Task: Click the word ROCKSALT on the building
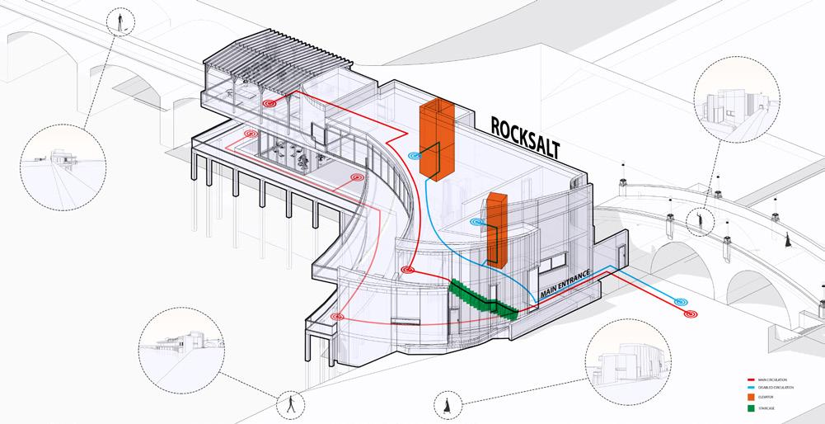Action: click(525, 137)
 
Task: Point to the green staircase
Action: click(482, 299)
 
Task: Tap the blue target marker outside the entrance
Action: click(681, 303)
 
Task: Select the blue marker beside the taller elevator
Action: click(416, 154)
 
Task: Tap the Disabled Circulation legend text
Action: click(778, 387)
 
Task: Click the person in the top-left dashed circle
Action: click(123, 22)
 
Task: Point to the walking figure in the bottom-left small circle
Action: click(289, 404)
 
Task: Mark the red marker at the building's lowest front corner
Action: click(336, 317)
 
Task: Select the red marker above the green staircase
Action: click(406, 271)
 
